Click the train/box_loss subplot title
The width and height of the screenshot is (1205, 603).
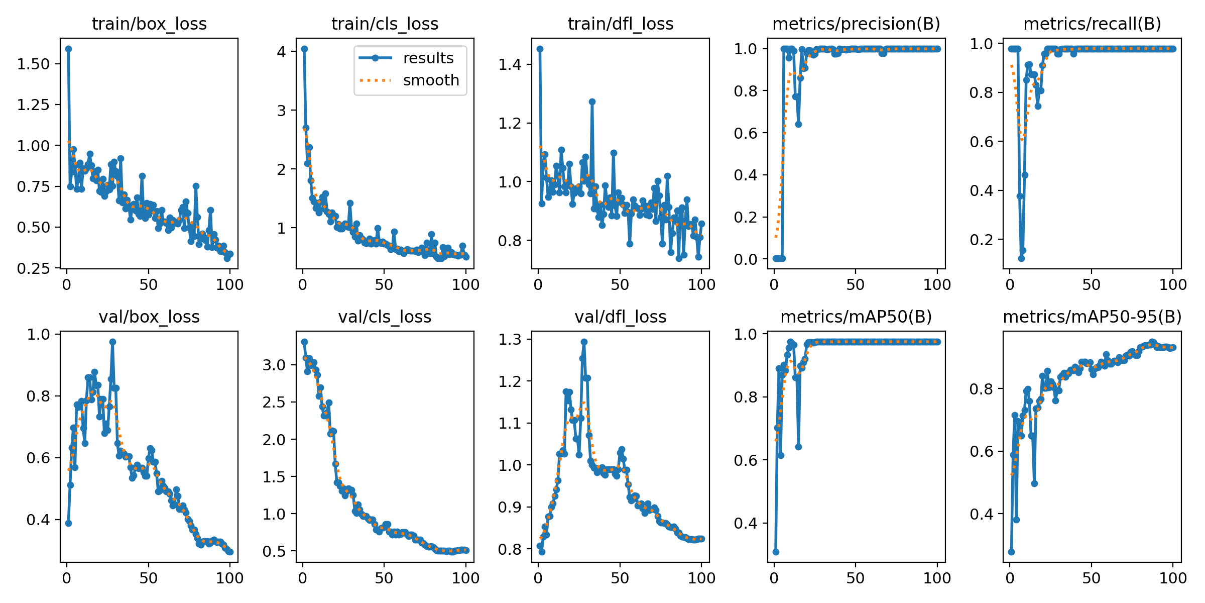tap(149, 24)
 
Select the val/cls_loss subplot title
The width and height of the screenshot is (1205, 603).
tap(385, 317)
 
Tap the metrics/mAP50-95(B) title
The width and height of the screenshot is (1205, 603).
tap(1092, 317)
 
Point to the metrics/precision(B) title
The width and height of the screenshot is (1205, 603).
tap(856, 24)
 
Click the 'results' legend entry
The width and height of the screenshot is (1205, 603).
tap(428, 58)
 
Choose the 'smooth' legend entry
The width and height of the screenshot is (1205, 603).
tap(431, 80)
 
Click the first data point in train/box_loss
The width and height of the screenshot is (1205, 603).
tap(68, 49)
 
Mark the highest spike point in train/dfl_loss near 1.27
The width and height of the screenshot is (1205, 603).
tap(592, 102)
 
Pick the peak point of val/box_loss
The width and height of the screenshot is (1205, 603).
tap(112, 342)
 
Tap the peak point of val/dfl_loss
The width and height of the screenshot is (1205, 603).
tap(584, 342)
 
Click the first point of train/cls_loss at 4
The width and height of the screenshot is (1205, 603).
tap(304, 49)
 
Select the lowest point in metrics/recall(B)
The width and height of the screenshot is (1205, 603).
tap(1021, 258)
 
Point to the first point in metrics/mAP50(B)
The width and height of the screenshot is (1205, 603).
tap(776, 552)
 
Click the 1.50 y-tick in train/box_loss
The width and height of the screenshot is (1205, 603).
tap(34, 64)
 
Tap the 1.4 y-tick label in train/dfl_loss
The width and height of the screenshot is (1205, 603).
tap(510, 65)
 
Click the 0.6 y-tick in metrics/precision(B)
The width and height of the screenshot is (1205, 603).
tap(746, 133)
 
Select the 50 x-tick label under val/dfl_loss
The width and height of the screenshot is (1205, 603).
tap(620, 578)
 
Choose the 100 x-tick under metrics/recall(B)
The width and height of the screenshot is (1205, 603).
tap(1173, 285)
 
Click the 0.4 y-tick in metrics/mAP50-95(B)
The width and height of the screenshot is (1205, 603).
tap(982, 514)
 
